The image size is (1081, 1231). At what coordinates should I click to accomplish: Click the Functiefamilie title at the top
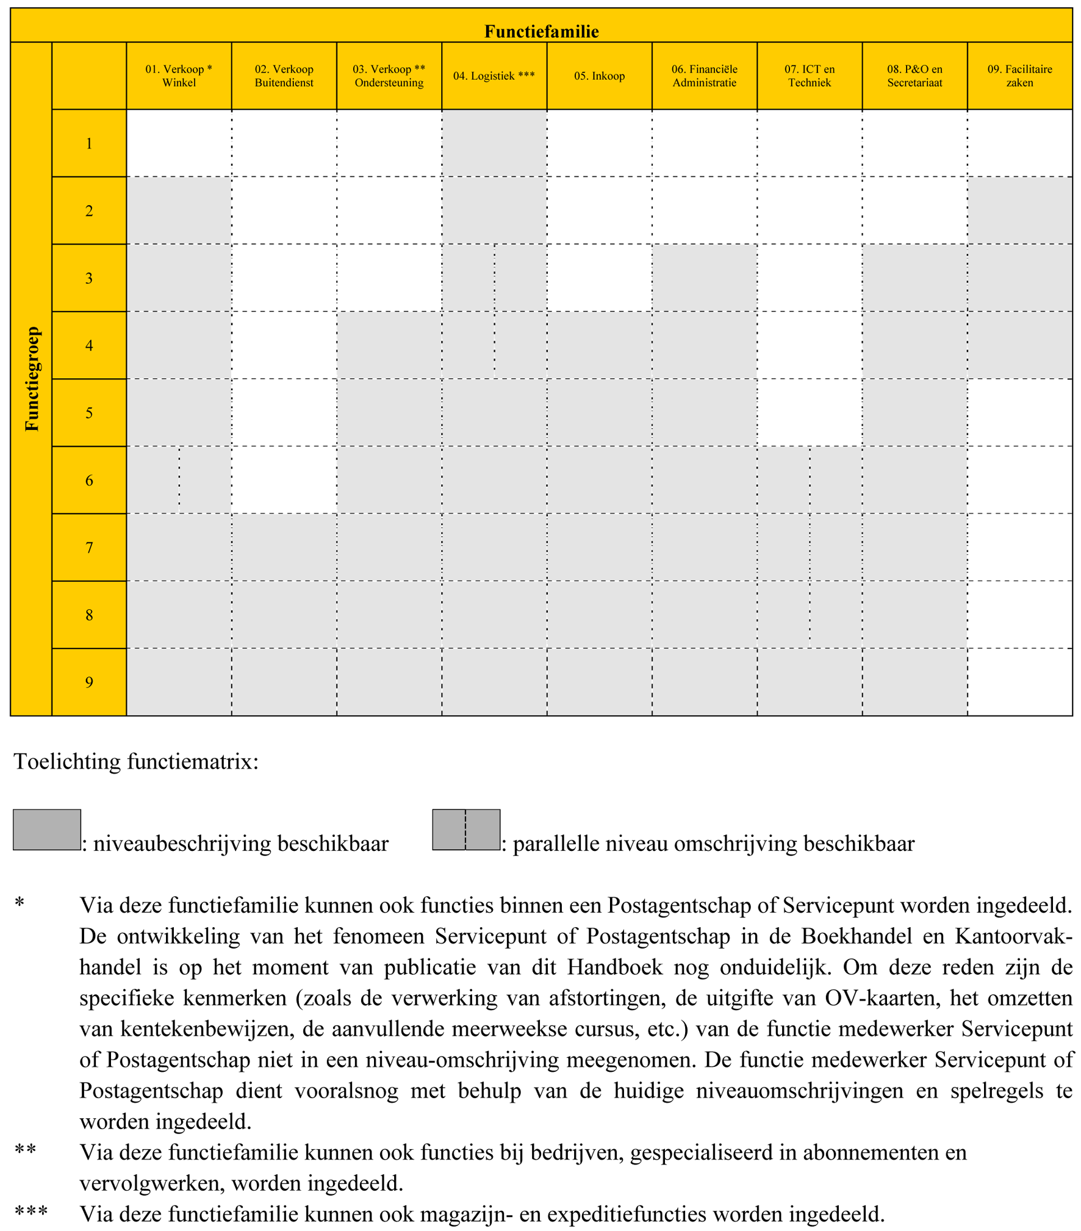coord(541,31)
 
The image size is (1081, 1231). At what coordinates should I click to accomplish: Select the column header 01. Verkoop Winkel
coord(179,76)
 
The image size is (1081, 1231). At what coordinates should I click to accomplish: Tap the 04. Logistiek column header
coord(494,76)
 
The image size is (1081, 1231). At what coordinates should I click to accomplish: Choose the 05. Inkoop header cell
coord(599,76)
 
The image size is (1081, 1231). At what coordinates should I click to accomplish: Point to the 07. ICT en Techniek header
coord(809,76)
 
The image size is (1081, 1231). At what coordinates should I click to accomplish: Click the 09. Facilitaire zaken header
coord(1019,76)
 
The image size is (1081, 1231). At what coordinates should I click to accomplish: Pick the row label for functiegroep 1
coord(89,144)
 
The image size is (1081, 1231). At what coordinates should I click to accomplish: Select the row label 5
coord(89,413)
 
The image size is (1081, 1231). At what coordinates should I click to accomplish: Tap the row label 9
coord(89,682)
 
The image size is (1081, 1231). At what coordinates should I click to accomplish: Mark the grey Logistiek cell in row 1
coord(494,144)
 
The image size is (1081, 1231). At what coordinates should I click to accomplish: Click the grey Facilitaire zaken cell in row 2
coord(1019,211)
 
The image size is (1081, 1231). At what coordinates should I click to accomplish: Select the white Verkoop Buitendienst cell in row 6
coord(284,480)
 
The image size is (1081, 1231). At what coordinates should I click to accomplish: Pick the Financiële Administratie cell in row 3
coord(704,278)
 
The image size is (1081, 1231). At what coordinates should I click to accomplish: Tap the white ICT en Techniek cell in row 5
coord(809,413)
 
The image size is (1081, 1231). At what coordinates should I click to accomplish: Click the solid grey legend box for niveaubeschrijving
coord(47,830)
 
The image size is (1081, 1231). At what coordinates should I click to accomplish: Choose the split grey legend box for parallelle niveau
coord(466,830)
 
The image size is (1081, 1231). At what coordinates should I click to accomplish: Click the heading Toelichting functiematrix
coord(136,762)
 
